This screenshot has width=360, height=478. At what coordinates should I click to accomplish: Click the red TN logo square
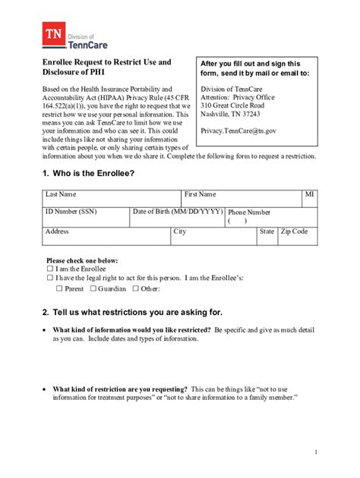(x=54, y=36)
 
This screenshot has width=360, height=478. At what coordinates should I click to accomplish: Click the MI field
(x=309, y=200)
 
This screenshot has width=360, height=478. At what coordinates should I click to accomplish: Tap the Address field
(x=106, y=237)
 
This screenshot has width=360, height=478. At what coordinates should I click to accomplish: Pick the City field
(x=213, y=237)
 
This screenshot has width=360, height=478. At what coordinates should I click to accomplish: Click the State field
(x=267, y=237)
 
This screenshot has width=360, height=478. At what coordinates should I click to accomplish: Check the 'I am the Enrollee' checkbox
(x=50, y=269)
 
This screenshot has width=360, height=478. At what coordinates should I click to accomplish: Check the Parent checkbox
(x=60, y=288)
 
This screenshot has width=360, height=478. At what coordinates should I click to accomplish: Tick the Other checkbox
(x=136, y=288)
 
